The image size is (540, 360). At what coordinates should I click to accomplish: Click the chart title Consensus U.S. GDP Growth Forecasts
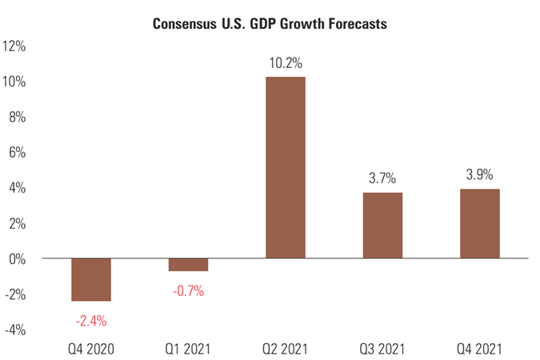(270, 24)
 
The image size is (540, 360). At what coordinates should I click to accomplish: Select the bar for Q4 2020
(91, 279)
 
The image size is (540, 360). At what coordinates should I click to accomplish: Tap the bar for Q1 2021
(188, 265)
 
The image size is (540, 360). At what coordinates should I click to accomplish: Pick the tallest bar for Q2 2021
(286, 167)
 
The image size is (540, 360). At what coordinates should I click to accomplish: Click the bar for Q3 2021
(382, 226)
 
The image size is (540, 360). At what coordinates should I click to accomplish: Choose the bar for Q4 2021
(480, 223)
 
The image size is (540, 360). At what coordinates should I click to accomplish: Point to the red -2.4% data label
(91, 321)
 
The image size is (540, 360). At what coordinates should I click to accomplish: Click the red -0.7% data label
(188, 291)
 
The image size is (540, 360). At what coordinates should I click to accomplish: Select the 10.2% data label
(286, 62)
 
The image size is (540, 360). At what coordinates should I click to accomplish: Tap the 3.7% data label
(382, 178)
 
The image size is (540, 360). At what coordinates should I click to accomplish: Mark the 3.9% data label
(480, 174)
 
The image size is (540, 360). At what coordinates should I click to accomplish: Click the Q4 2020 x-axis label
(91, 349)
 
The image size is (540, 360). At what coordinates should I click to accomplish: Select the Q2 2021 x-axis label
(286, 349)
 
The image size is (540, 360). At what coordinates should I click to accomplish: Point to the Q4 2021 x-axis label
(480, 349)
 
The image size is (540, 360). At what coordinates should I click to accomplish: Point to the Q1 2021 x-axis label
(188, 349)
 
